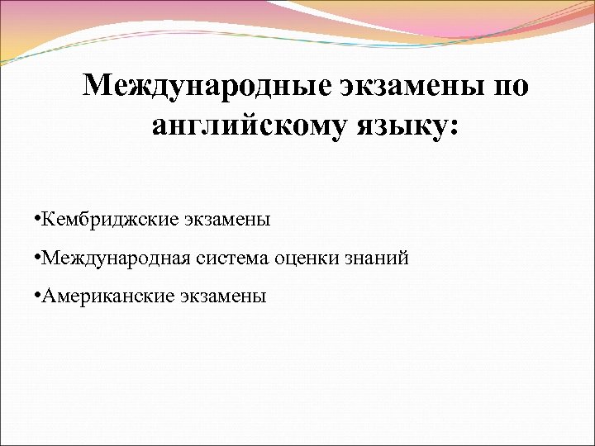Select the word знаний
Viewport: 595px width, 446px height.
pyautogui.click(x=376, y=259)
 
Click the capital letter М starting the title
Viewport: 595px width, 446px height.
pyautogui.click(x=98, y=86)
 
